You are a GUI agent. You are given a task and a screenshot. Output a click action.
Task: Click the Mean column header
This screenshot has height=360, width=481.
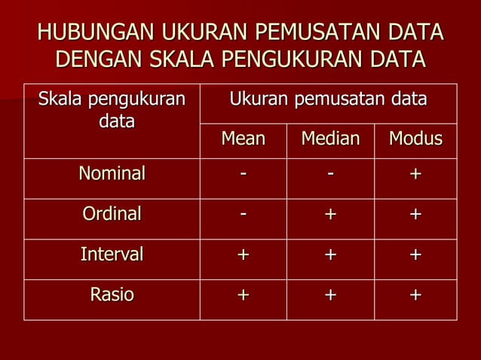tap(243, 140)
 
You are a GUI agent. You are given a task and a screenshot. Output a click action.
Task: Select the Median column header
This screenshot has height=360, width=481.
tap(330, 140)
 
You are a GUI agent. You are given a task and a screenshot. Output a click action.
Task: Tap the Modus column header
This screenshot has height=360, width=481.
tap(415, 140)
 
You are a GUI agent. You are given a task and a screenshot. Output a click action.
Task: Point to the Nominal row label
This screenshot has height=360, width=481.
tap(112, 174)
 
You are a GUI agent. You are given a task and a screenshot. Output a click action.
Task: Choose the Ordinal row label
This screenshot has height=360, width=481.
tap(112, 214)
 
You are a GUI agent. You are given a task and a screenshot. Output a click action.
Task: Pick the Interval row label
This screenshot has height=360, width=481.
tap(112, 255)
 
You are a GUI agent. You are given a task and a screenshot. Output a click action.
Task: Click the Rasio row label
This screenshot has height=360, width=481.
tap(112, 294)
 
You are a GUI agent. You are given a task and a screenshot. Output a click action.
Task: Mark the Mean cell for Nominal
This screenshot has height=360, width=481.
tap(243, 175)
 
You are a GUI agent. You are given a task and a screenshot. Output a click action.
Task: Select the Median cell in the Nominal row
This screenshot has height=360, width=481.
tap(330, 175)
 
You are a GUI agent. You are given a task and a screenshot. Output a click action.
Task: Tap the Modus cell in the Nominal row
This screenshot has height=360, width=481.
tap(415, 175)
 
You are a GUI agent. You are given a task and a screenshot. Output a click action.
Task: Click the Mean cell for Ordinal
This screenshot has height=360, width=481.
tap(243, 215)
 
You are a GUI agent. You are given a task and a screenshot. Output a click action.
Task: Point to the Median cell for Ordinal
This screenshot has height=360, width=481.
tap(330, 215)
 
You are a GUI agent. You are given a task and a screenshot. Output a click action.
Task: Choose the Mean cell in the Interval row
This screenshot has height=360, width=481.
tap(243, 255)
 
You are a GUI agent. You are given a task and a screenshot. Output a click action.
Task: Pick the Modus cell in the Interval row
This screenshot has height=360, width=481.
tap(415, 255)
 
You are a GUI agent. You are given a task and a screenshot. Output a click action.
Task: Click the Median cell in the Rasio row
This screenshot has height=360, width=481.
tap(330, 295)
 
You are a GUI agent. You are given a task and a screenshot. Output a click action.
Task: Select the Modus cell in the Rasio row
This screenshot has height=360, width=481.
tap(415, 295)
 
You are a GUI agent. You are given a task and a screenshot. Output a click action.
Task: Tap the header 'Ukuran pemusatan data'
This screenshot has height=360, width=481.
tap(328, 99)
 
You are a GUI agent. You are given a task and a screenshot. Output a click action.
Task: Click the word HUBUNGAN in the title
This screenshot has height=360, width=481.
tap(85, 33)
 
